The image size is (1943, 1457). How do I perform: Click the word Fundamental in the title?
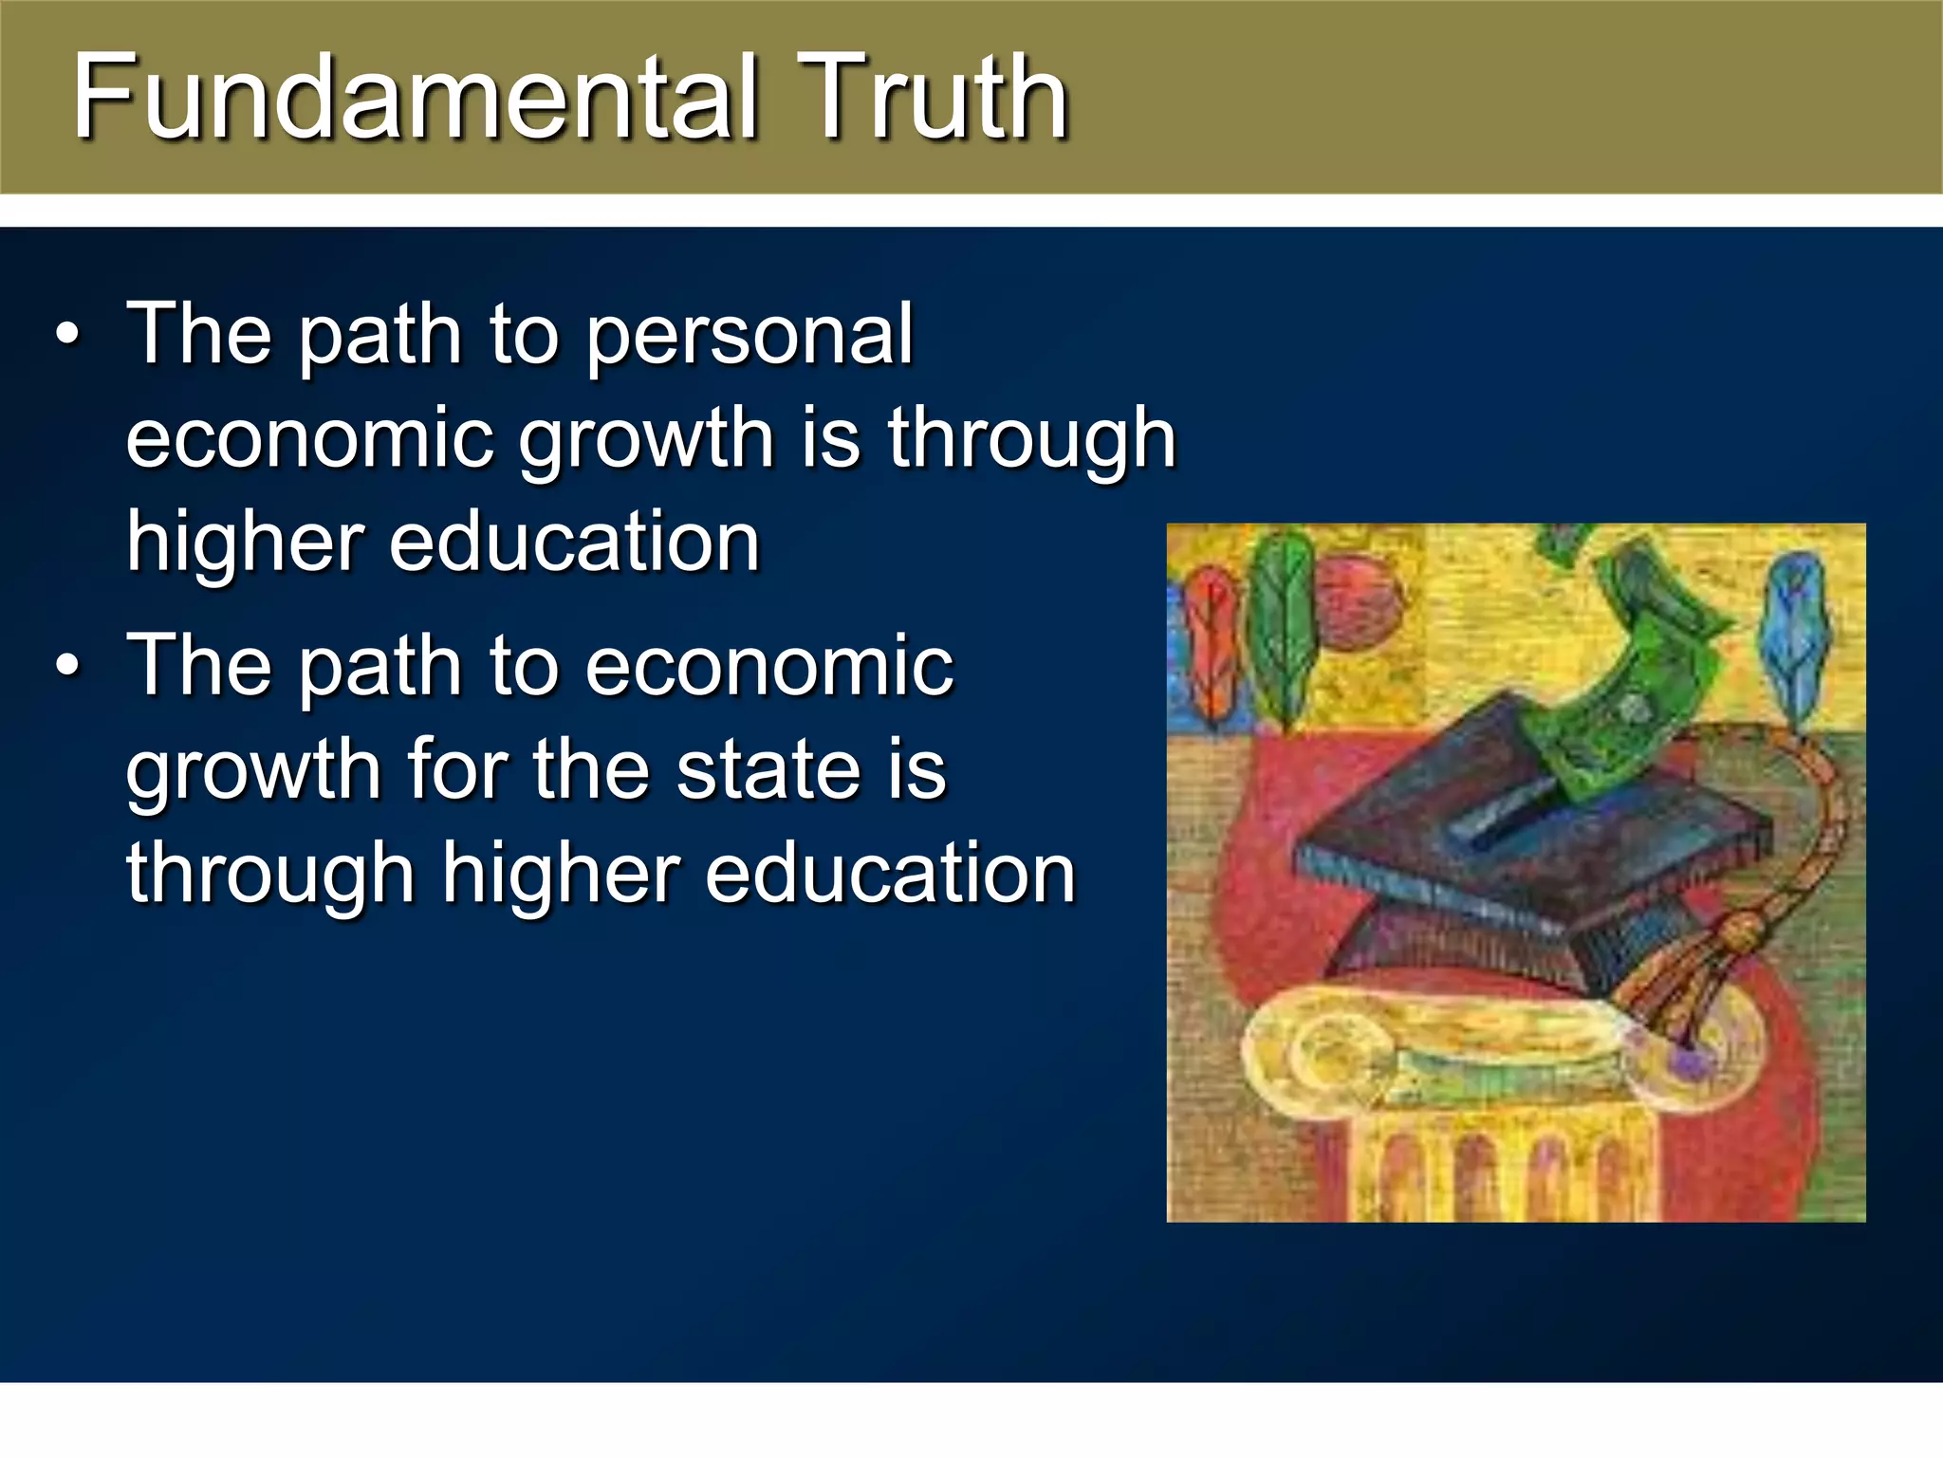(415, 98)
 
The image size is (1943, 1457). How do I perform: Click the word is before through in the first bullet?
(831, 438)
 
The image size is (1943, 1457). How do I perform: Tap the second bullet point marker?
(67, 666)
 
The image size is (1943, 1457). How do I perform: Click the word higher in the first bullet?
(245, 543)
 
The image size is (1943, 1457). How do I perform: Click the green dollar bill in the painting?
(1632, 683)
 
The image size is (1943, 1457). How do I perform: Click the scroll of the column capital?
(1328, 1053)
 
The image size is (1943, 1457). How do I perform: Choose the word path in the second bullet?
(379, 666)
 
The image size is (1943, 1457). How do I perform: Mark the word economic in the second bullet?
(769, 666)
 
